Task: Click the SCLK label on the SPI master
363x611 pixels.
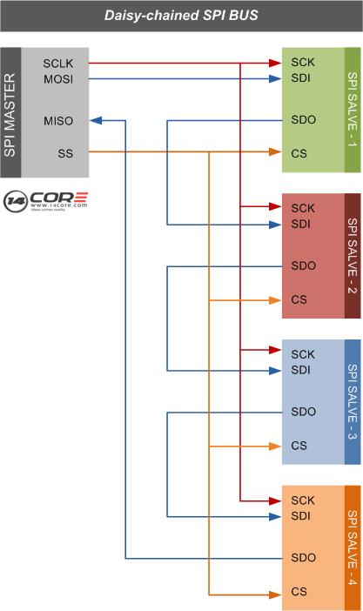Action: (x=58, y=64)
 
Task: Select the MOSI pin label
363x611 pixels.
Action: (x=58, y=79)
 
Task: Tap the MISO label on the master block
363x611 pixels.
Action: (x=58, y=121)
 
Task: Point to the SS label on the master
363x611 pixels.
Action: (x=65, y=153)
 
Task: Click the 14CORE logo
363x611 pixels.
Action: (x=45, y=201)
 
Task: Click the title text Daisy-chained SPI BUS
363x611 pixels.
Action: (x=181, y=16)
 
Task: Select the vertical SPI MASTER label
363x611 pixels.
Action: (x=10, y=115)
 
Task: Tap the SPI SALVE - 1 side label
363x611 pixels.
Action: (x=352, y=110)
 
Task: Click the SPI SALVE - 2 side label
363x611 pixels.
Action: (x=352, y=256)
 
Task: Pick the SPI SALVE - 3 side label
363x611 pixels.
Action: (x=352, y=402)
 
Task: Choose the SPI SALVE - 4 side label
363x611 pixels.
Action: (x=352, y=547)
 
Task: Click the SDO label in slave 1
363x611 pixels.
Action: (x=303, y=119)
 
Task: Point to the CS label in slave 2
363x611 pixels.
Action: (x=299, y=299)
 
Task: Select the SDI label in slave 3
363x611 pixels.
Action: (x=300, y=370)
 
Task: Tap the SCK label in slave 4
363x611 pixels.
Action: (x=303, y=500)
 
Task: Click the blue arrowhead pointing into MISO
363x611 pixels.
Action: (x=96, y=120)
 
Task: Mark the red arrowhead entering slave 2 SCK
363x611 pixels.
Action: (x=275, y=206)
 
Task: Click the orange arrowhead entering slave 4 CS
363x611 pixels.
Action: (x=275, y=594)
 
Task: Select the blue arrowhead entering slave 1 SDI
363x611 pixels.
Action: (x=275, y=78)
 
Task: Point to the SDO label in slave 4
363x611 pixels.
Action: (x=303, y=558)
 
